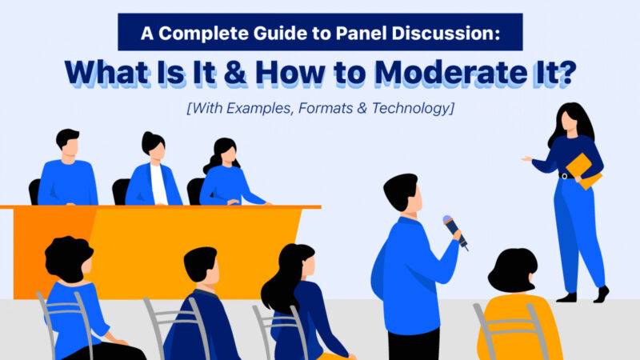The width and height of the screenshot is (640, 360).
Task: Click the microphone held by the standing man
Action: (x=454, y=231)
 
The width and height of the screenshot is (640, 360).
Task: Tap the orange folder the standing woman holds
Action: (x=584, y=171)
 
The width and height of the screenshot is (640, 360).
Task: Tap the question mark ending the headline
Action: (x=566, y=72)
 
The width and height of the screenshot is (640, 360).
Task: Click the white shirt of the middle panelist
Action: (x=158, y=184)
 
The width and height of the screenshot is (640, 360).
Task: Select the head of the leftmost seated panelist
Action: (x=68, y=142)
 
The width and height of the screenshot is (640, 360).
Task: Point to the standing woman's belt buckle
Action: (x=565, y=176)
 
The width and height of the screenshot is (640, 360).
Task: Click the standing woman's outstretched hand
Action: (x=526, y=158)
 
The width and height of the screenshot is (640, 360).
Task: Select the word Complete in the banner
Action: (x=203, y=34)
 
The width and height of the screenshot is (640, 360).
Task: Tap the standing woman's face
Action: (x=570, y=122)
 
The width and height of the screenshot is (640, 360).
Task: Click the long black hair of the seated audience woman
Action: (x=285, y=278)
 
